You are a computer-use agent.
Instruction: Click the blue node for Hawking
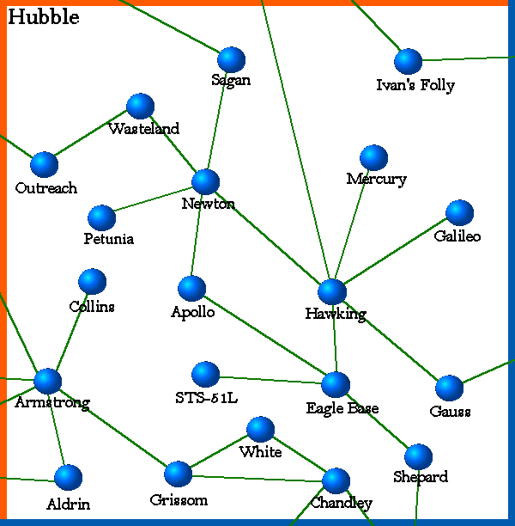click(332, 292)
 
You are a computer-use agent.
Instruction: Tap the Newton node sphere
click(205, 182)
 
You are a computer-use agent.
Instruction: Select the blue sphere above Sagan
click(231, 59)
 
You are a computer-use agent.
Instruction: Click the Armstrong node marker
click(47, 382)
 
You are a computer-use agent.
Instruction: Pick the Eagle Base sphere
click(336, 384)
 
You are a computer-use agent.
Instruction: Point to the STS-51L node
click(205, 375)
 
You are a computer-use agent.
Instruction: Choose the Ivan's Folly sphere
click(408, 62)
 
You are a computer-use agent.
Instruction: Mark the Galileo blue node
click(460, 213)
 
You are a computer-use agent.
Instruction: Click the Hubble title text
click(44, 17)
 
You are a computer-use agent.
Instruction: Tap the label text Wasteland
click(143, 129)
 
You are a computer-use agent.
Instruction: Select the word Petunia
click(108, 239)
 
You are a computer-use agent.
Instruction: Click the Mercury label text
click(376, 180)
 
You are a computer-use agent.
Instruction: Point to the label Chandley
click(341, 503)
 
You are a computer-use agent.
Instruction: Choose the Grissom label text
click(178, 499)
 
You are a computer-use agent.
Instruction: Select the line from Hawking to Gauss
click(391, 340)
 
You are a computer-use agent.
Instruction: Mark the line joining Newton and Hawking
click(269, 237)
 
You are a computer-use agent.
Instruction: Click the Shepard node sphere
click(418, 457)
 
